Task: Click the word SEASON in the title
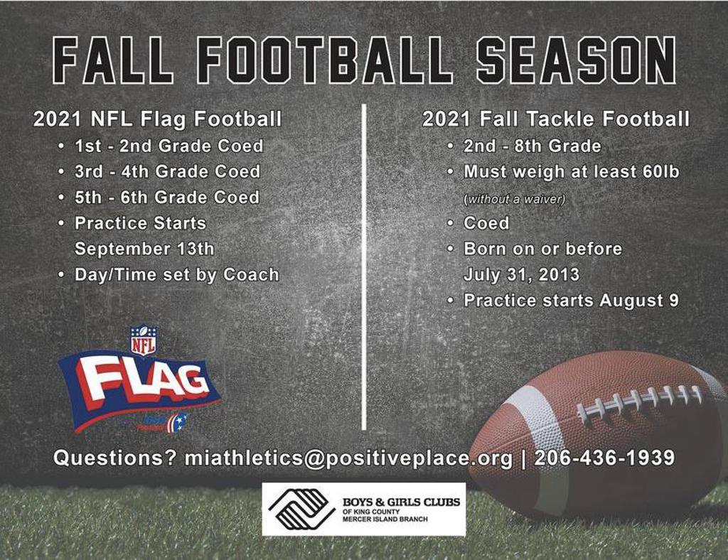pos(577,61)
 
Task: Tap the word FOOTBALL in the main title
pos(324,61)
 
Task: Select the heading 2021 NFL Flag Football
pos(157,119)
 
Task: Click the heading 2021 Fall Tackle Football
pos(556,119)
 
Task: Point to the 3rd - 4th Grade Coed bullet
pos(168,172)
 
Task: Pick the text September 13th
pos(144,249)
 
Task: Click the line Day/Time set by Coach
pos(177,274)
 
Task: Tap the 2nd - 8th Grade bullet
pos(532,146)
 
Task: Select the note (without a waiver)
pos(515,199)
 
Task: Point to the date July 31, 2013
pos(521,274)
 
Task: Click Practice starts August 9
pos(571,301)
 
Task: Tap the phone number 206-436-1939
pos(604,458)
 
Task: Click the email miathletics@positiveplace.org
pos(348,458)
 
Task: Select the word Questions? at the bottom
pos(115,458)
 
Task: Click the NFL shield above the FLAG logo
pos(144,340)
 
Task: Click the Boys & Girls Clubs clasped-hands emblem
pos(301,510)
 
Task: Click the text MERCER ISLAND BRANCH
pos(385,519)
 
